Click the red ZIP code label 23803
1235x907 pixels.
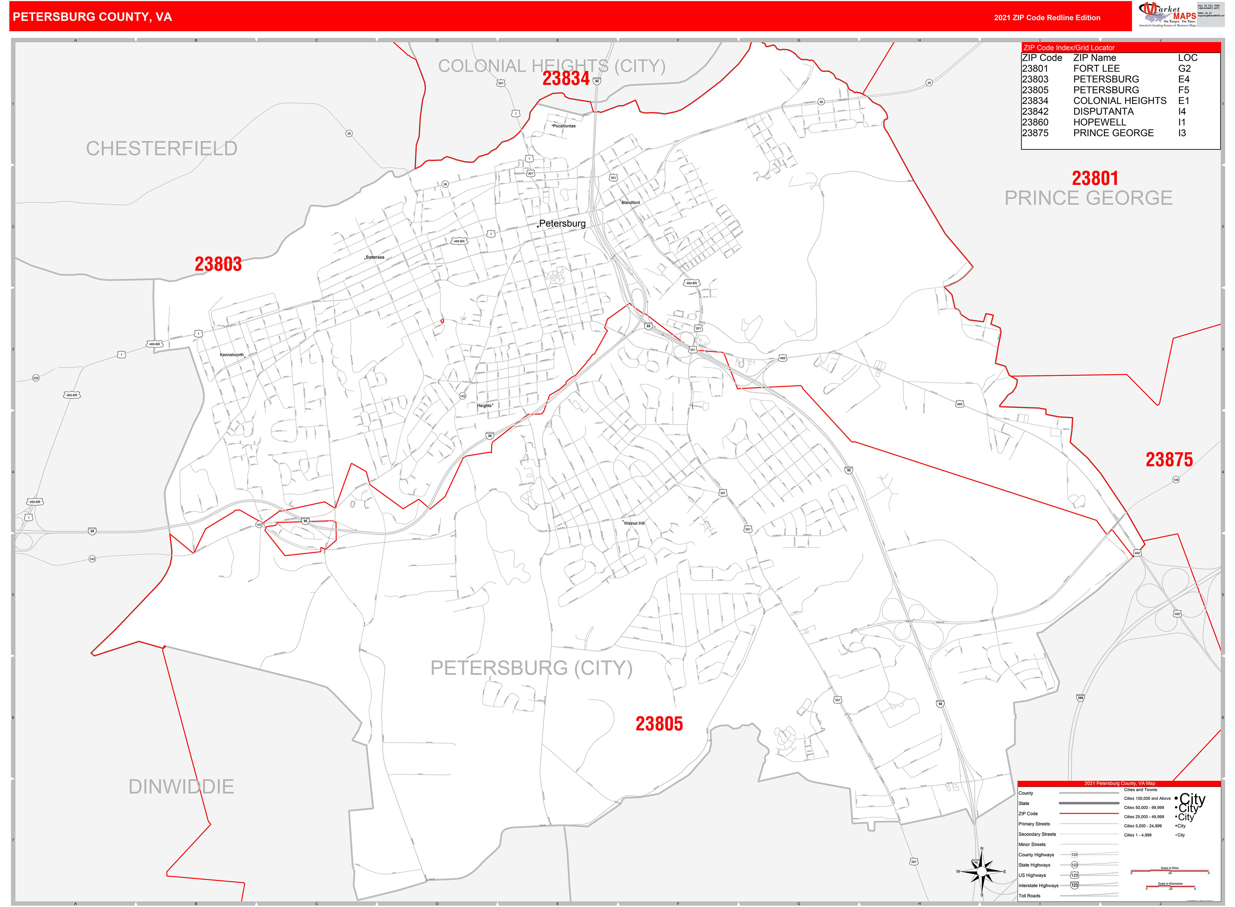[x=218, y=264]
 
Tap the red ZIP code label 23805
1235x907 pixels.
[x=659, y=724]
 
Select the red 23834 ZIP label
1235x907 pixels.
[x=566, y=78]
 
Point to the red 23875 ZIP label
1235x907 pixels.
[x=1169, y=459]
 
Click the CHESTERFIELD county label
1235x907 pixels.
[x=162, y=148]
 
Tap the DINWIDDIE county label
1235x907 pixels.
[x=181, y=786]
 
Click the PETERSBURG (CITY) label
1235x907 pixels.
[x=531, y=668]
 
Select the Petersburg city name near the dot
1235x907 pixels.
[x=562, y=224]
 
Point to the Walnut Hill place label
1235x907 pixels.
[x=634, y=523]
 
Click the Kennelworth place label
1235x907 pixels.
[x=232, y=355]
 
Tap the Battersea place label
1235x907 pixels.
[x=375, y=257]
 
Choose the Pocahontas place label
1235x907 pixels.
[x=564, y=126]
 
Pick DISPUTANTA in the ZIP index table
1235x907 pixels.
[x=1103, y=111]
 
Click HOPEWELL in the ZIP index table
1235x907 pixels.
[x=1099, y=122]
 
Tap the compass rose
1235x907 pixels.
[x=981, y=871]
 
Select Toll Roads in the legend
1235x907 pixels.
[x=1030, y=895]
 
